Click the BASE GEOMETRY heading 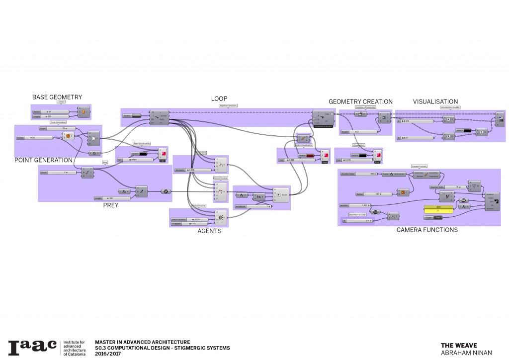coord(57,97)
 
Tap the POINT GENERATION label coord(44,160)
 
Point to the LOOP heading coord(219,98)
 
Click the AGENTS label coord(209,231)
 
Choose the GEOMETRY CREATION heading coord(360,102)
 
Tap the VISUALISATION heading coord(435,102)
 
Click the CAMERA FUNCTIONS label coord(427,230)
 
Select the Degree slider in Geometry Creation coord(358,132)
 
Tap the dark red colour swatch coord(310,155)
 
